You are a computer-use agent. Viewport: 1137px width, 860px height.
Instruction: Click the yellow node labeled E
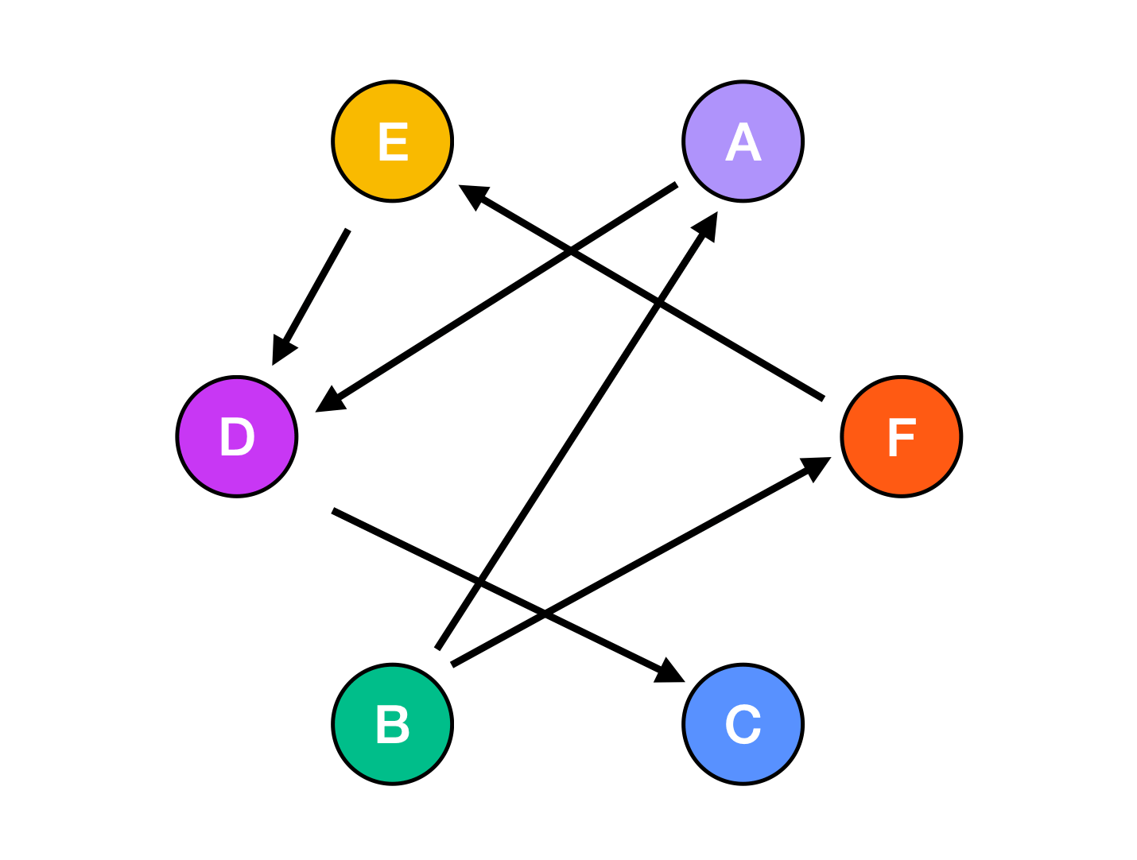pos(393,141)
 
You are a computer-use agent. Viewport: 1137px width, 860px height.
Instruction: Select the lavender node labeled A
pos(743,141)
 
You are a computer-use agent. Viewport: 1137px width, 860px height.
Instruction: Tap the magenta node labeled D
pos(237,436)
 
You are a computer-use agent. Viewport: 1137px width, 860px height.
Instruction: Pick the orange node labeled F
pos(902,436)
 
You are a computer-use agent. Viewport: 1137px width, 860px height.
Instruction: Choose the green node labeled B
pos(393,724)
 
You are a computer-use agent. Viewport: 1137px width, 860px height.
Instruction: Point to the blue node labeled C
pos(743,724)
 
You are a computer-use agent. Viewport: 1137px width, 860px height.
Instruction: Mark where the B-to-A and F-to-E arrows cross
pos(658,303)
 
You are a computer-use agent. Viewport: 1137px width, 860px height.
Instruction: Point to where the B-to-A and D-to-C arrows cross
pos(479,583)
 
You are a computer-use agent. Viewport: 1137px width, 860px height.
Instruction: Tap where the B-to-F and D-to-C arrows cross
pos(545,614)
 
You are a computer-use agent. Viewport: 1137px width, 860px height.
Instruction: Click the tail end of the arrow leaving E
pos(348,230)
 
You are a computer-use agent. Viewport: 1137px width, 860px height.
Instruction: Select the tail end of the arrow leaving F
pos(823,398)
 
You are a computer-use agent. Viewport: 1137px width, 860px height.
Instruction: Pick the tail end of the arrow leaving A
pos(677,184)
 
